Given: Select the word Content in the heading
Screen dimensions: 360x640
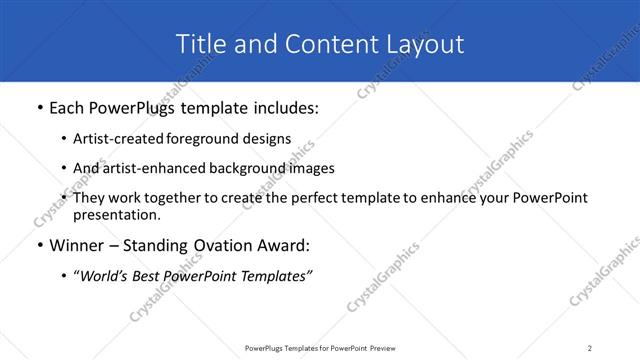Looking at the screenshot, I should [320, 44].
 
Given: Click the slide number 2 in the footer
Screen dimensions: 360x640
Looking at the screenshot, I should [589, 348].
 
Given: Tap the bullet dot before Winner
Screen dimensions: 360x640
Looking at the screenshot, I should [39, 246].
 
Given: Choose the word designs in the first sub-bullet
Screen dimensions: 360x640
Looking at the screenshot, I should [269, 139].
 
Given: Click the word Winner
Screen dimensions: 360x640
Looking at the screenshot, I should [80, 246].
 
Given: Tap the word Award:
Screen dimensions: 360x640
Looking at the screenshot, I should [285, 246].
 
